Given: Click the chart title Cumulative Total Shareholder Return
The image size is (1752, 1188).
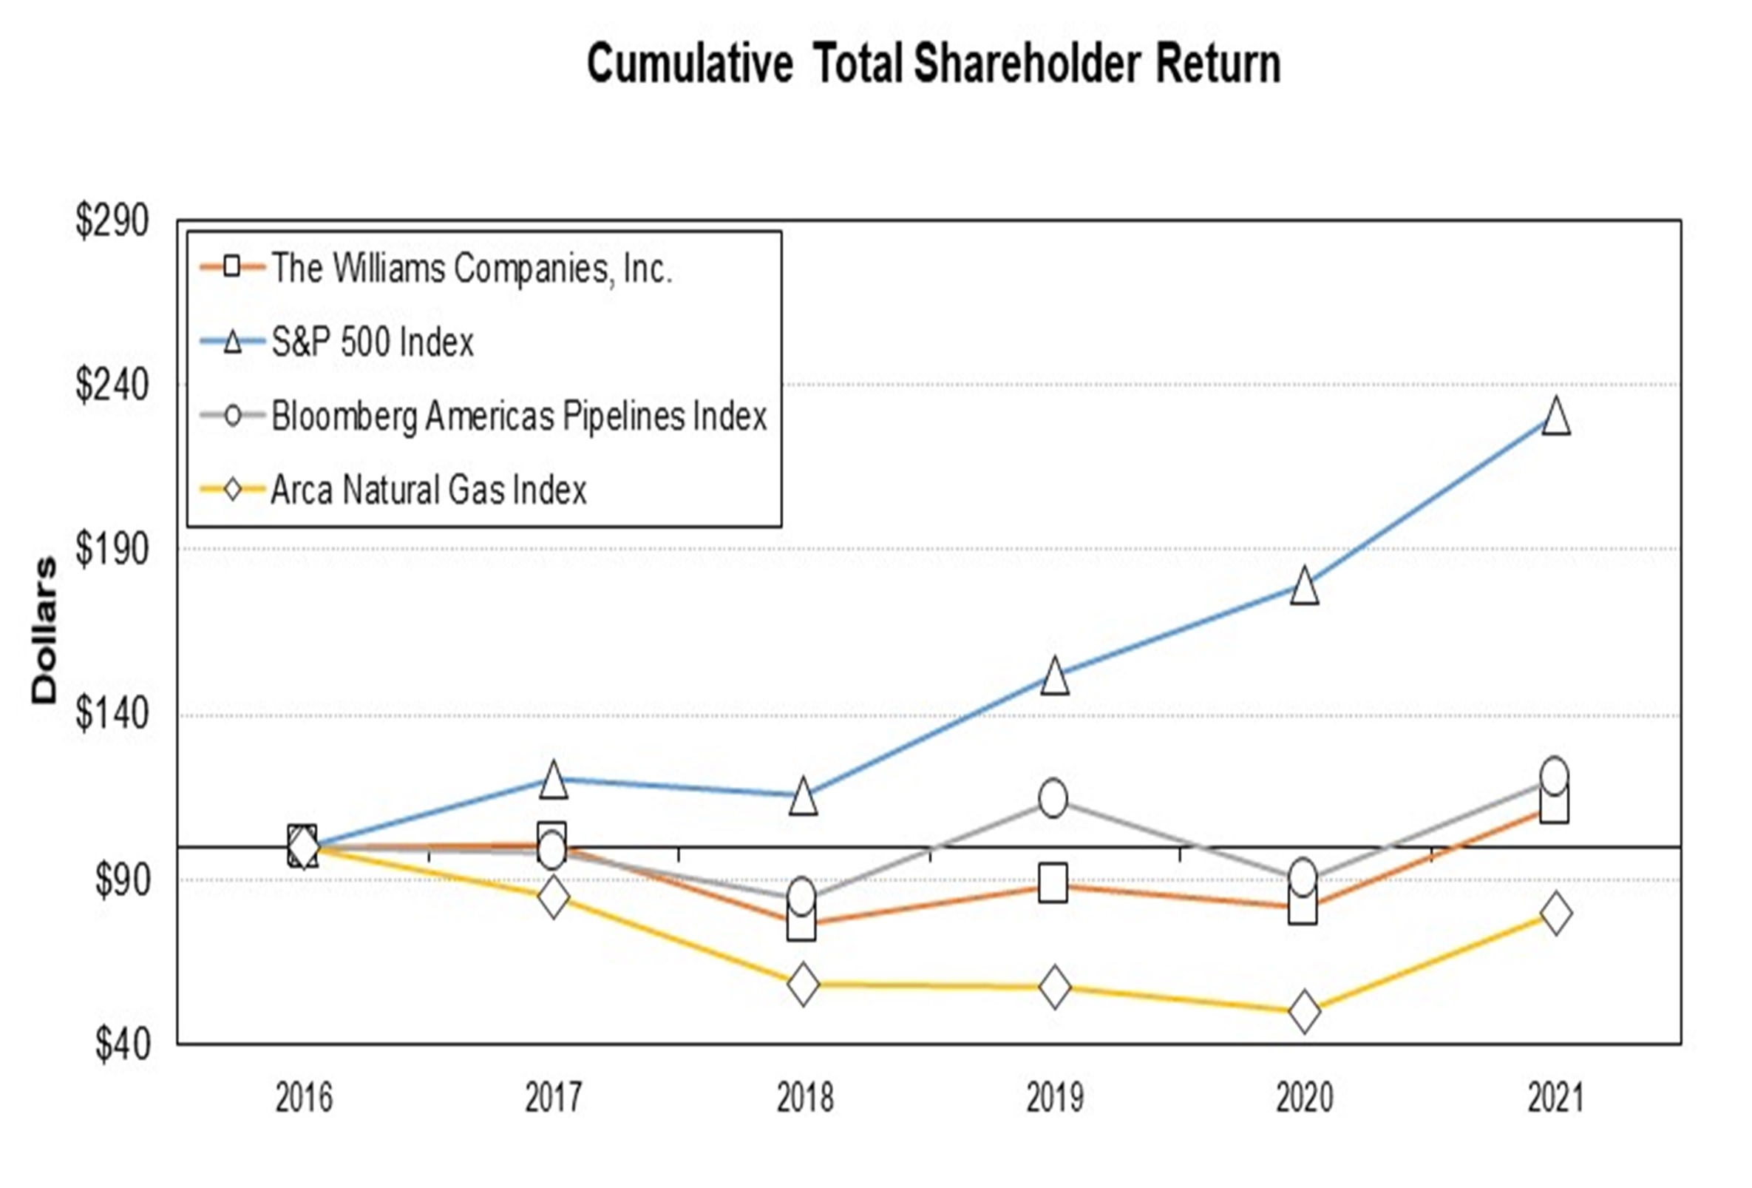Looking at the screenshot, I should (x=934, y=64).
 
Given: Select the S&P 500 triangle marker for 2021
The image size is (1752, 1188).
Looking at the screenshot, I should (x=1556, y=416).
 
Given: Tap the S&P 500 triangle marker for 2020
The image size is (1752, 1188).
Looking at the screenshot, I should (x=1304, y=586).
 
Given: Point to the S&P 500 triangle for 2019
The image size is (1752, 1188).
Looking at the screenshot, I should (x=1055, y=676).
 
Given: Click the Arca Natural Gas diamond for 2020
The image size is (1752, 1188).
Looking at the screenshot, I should (x=1304, y=1010).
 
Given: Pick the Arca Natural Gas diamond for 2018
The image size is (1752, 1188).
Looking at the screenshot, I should (x=803, y=984).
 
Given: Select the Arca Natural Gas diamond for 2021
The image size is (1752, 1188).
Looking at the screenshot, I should (x=1556, y=913).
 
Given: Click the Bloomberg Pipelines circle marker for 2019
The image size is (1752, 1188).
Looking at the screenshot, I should (x=1053, y=798).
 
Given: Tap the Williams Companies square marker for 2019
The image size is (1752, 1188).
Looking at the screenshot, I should (x=1053, y=883).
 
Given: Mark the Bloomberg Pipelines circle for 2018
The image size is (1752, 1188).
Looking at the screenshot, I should (x=801, y=896).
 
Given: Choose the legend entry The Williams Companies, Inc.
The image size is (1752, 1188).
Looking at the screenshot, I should (x=471, y=268).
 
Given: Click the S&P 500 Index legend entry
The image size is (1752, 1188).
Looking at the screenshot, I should (x=373, y=342).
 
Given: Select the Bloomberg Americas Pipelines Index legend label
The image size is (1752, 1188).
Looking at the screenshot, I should (x=519, y=416).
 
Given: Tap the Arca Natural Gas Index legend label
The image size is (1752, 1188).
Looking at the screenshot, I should (x=428, y=490).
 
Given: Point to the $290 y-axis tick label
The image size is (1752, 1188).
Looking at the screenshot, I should (x=112, y=221).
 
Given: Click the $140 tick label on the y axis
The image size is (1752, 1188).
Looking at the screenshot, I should (x=112, y=715).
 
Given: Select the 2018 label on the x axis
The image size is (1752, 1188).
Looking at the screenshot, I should (x=804, y=1098).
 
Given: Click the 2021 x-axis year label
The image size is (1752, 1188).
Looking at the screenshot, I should (x=1556, y=1098).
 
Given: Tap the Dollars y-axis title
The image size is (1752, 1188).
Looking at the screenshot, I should (x=44, y=630).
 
